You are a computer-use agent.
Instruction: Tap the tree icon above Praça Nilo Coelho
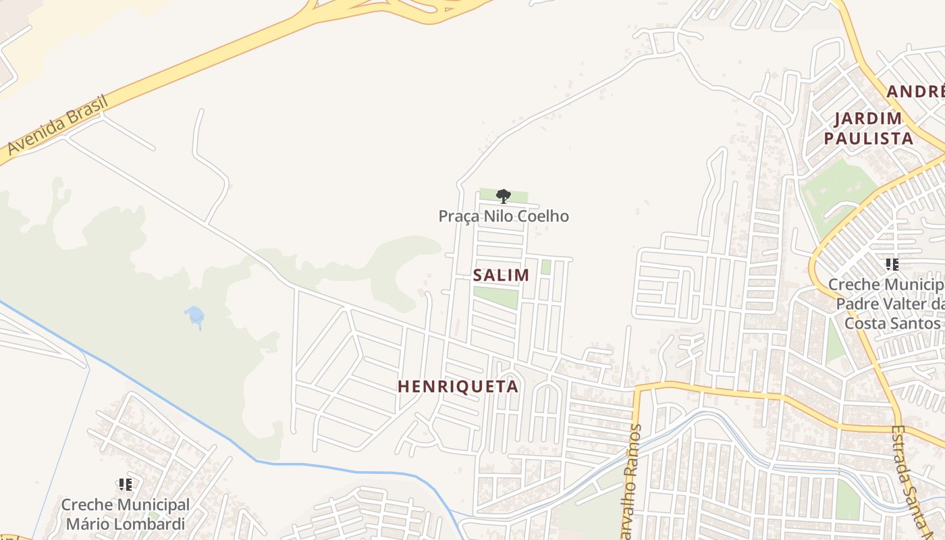503,196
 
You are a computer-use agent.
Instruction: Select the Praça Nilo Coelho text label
504,216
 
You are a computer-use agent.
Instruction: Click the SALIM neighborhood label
501,275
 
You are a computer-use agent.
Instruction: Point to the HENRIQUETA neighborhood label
458,386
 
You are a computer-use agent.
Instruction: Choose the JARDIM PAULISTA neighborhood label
868,128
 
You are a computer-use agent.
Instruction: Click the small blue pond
195,315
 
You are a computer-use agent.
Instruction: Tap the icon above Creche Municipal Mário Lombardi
125,484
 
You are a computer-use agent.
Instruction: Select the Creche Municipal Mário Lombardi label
126,514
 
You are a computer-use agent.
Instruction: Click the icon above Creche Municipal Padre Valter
892,265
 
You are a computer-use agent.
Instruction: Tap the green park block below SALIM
496,296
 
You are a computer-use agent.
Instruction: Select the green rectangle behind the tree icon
503,195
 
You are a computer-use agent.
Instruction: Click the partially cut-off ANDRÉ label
915,92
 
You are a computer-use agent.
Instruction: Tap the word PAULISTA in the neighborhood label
868,138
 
